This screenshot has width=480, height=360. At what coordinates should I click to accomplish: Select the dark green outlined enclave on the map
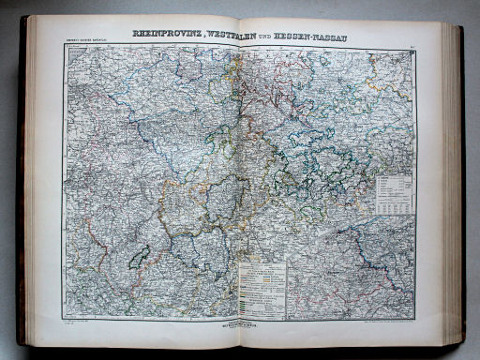coord(140,256)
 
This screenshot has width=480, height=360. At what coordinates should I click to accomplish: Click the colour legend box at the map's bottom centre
coord(262,287)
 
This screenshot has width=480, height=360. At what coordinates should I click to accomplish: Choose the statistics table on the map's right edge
coord(395,193)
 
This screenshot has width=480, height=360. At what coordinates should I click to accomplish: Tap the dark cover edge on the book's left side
coord(21,187)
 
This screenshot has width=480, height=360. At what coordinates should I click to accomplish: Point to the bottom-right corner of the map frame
coord(416,317)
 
